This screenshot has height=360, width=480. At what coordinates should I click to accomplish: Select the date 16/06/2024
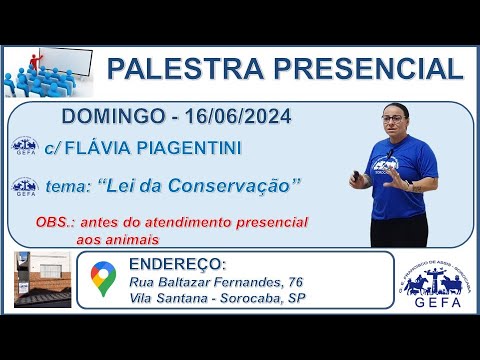[x=232, y=118]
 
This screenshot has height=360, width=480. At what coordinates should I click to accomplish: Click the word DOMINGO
[x=108, y=118]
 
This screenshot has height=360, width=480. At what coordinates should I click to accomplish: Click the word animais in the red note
[x=136, y=239]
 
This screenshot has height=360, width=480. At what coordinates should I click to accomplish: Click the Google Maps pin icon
[x=101, y=279]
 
